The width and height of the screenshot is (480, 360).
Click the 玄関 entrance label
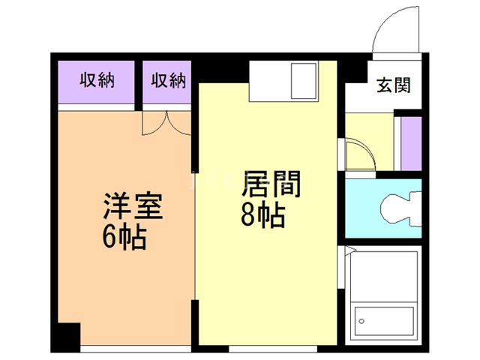click(x=393, y=85)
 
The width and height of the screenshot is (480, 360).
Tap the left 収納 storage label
click(x=97, y=80)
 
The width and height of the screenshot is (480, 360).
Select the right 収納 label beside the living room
click(x=167, y=80)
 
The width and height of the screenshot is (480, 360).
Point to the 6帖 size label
click(x=124, y=238)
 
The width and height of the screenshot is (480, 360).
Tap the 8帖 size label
click(x=262, y=217)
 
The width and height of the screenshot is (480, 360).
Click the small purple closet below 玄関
click(x=411, y=143)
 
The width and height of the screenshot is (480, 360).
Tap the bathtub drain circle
click(x=362, y=320)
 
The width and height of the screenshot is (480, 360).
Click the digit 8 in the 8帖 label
click(x=248, y=217)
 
